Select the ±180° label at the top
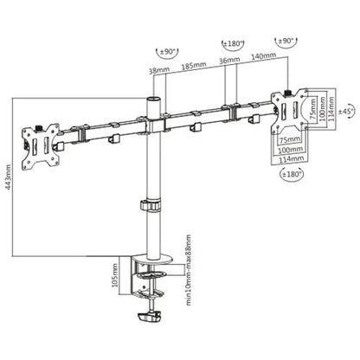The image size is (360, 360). (x=232, y=42)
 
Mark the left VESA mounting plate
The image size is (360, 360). (x=42, y=139)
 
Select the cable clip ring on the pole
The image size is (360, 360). (x=149, y=209)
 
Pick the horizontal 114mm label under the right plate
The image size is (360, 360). (x=292, y=159)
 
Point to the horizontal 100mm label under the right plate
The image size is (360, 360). (x=291, y=149)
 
